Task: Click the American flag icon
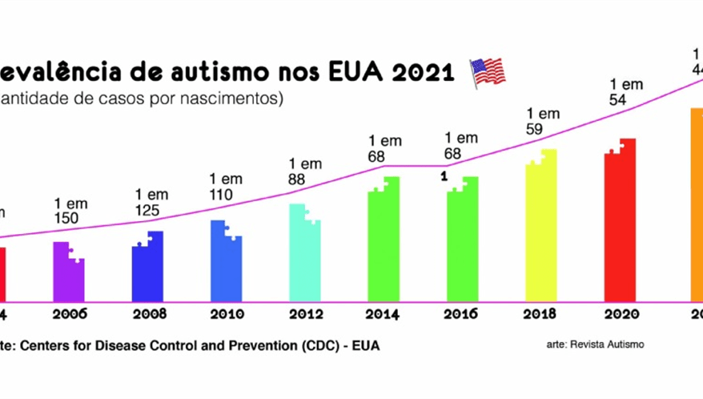tap(488, 71)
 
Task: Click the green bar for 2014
tap(384, 240)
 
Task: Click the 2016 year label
tap(463, 314)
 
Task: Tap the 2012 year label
tap(305, 314)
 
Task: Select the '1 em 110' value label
tap(226, 187)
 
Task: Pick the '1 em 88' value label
tap(305, 172)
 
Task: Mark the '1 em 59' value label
tap(543, 120)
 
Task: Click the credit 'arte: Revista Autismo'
tap(595, 345)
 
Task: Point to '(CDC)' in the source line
tap(303, 346)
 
